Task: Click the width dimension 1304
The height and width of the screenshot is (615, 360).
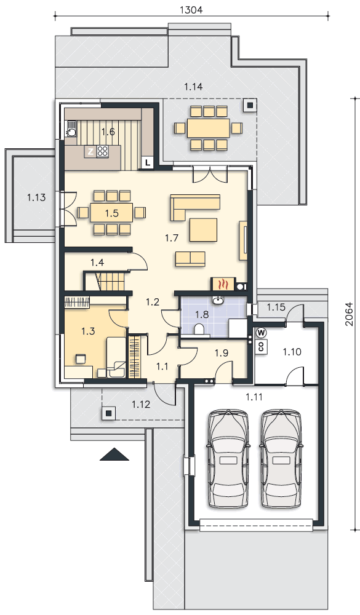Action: click(191, 10)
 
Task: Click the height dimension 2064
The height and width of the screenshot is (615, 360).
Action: click(349, 314)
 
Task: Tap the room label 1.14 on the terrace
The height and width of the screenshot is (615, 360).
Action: click(194, 87)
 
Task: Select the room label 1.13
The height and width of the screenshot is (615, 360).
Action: click(36, 197)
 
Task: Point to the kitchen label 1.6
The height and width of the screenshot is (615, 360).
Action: click(108, 132)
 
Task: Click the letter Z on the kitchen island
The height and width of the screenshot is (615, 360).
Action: click(90, 152)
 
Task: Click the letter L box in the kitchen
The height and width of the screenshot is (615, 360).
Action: click(148, 162)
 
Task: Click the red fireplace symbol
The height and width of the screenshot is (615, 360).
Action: click(223, 284)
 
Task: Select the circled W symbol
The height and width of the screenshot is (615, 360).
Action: click(261, 333)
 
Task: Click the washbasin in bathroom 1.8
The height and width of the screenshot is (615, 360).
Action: click(217, 301)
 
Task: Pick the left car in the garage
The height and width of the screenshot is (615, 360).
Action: click(228, 459)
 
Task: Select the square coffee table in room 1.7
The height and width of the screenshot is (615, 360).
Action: click(203, 230)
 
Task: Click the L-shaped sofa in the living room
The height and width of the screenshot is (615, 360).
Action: click(195, 205)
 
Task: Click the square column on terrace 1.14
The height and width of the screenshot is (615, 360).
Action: click(250, 105)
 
